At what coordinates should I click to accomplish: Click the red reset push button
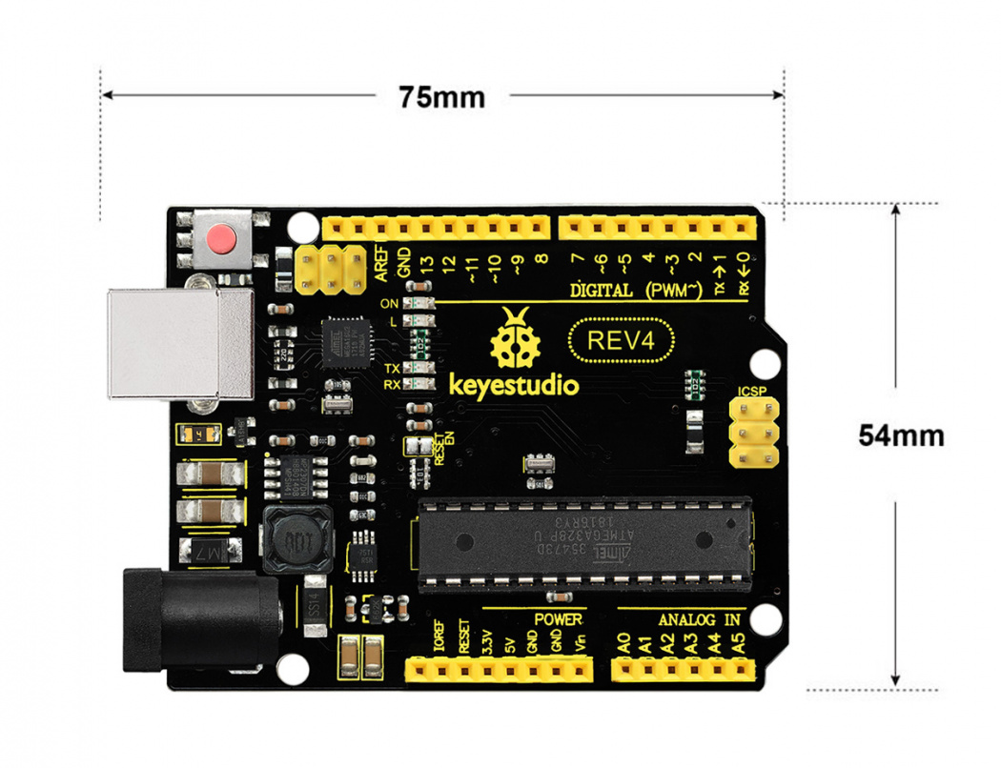point(222,237)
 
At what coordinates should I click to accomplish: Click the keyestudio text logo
point(513,386)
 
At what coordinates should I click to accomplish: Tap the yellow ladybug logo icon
point(516,342)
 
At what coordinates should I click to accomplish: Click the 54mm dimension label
point(901,435)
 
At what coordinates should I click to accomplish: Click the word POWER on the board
point(558,619)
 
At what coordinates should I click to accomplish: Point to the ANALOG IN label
point(699,619)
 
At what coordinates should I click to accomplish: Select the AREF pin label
point(381,261)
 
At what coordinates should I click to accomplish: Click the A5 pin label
point(736,643)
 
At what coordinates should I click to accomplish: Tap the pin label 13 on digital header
point(426,263)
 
